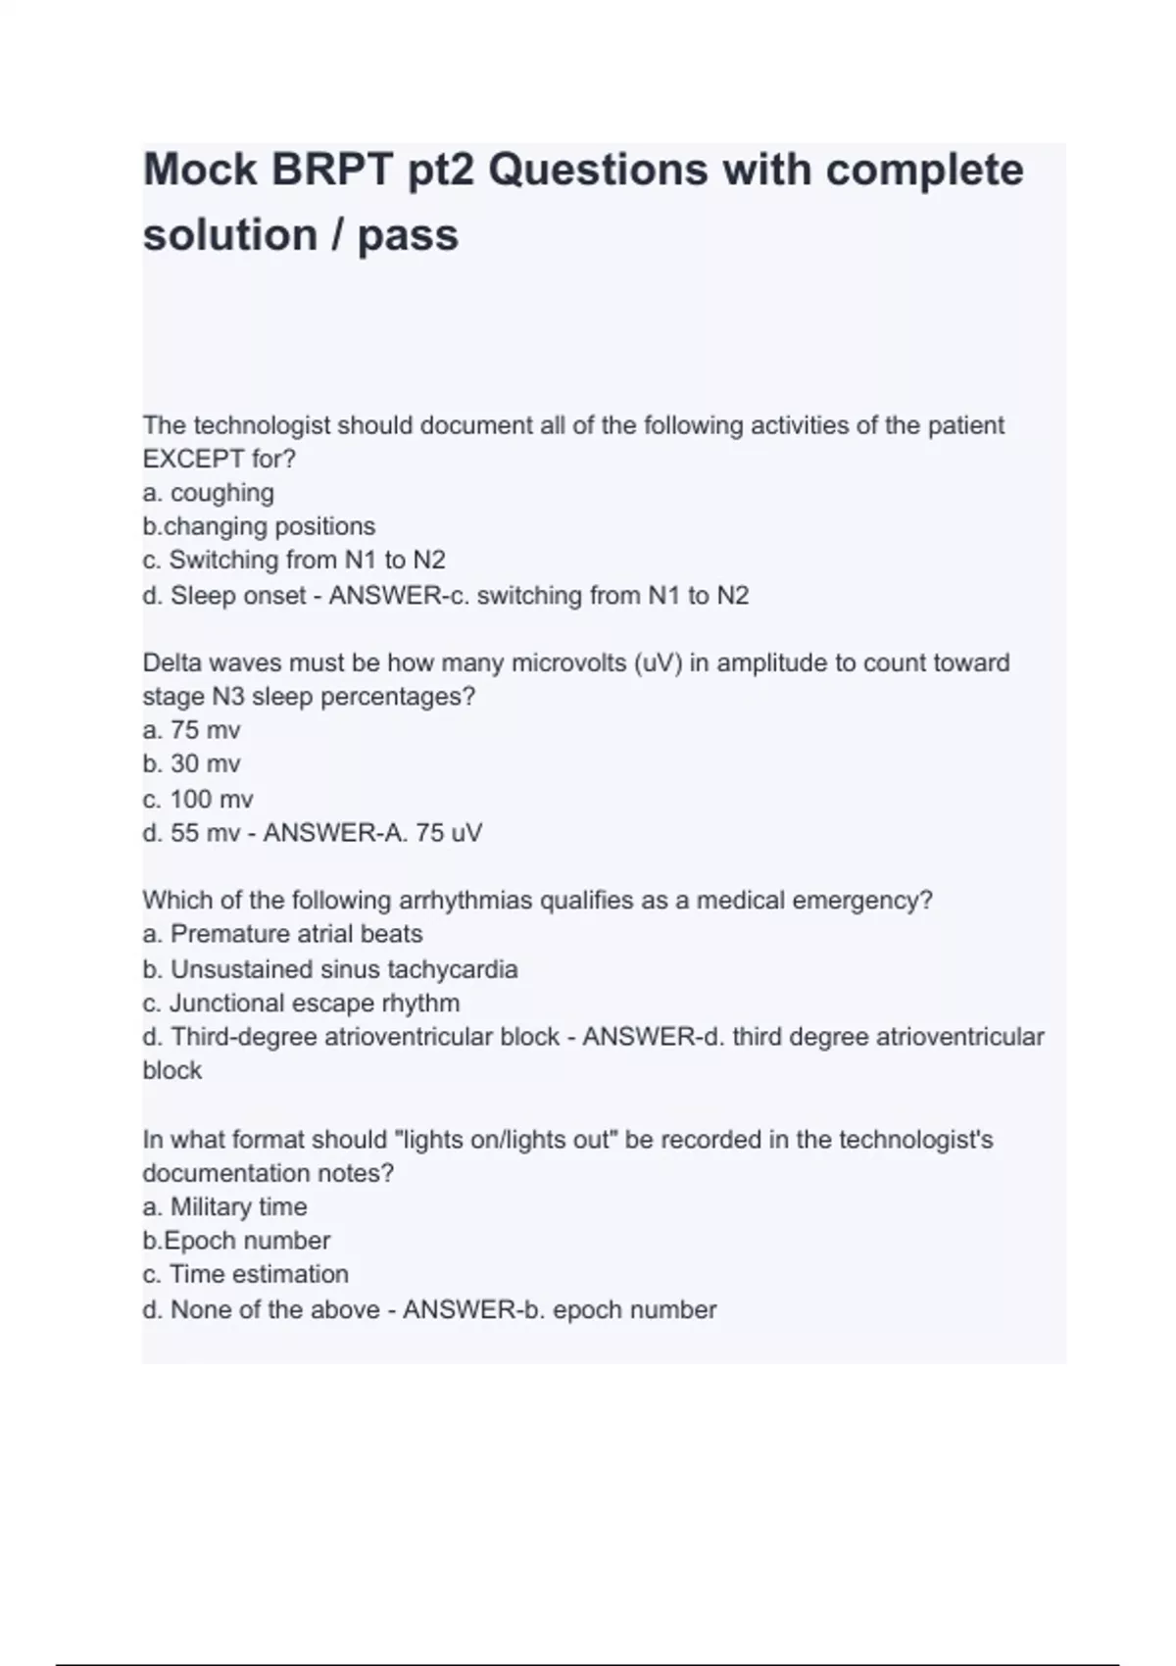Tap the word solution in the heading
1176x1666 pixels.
point(229,236)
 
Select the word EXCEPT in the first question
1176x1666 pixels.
point(192,459)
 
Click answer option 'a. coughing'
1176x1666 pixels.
point(208,493)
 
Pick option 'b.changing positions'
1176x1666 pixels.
point(259,526)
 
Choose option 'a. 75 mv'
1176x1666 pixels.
point(191,730)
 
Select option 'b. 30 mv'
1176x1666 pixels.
point(191,764)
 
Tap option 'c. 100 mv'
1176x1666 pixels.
point(198,799)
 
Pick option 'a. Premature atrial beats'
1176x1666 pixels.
point(282,934)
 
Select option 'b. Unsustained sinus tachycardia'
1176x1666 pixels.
point(330,969)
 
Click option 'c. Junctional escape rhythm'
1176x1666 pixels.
point(301,1003)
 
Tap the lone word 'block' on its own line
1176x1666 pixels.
point(171,1070)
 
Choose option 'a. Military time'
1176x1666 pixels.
point(224,1206)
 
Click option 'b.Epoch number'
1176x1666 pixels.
point(236,1241)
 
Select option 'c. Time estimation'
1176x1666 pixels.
point(245,1274)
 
